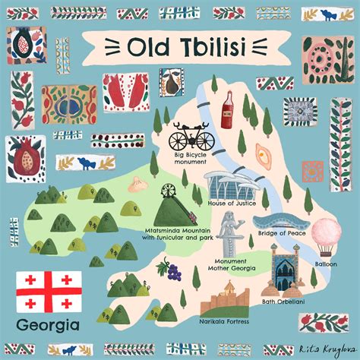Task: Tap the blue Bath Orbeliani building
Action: tap(285, 270)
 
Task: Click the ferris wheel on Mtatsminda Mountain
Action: tap(184, 178)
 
